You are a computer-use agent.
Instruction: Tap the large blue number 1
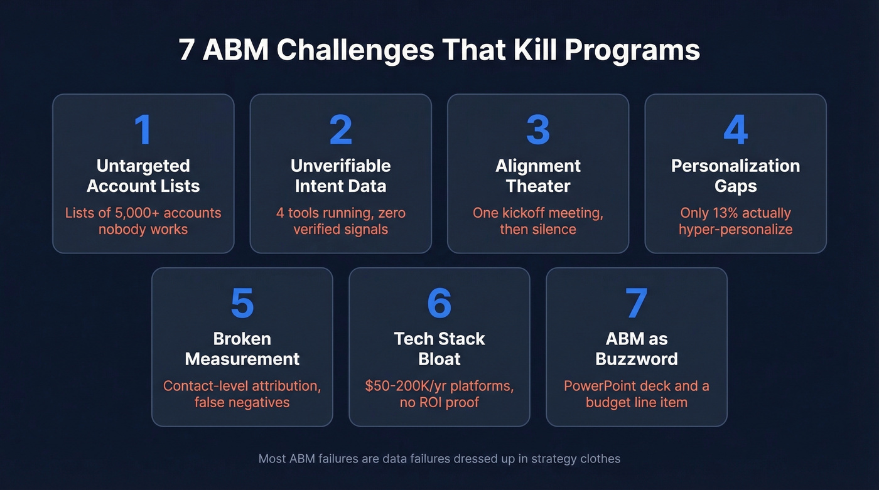tap(143, 130)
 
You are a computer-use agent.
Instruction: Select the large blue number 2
tap(341, 130)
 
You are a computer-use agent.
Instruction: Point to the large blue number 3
tap(538, 130)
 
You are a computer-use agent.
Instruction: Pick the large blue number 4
tap(735, 130)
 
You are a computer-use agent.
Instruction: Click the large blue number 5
tap(242, 303)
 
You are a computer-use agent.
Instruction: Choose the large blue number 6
tap(439, 303)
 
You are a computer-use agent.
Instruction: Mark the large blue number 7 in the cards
tap(637, 303)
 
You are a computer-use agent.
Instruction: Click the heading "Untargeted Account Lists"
tap(143, 176)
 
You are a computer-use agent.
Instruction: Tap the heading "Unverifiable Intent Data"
tap(341, 176)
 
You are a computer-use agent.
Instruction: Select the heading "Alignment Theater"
tap(538, 176)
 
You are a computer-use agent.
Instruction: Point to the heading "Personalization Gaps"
tap(735, 176)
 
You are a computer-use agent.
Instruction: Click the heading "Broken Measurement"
tap(242, 349)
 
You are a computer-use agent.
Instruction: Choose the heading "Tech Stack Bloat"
tap(439, 349)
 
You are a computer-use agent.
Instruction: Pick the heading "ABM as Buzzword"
tap(637, 349)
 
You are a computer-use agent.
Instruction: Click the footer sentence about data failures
tap(439, 459)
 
